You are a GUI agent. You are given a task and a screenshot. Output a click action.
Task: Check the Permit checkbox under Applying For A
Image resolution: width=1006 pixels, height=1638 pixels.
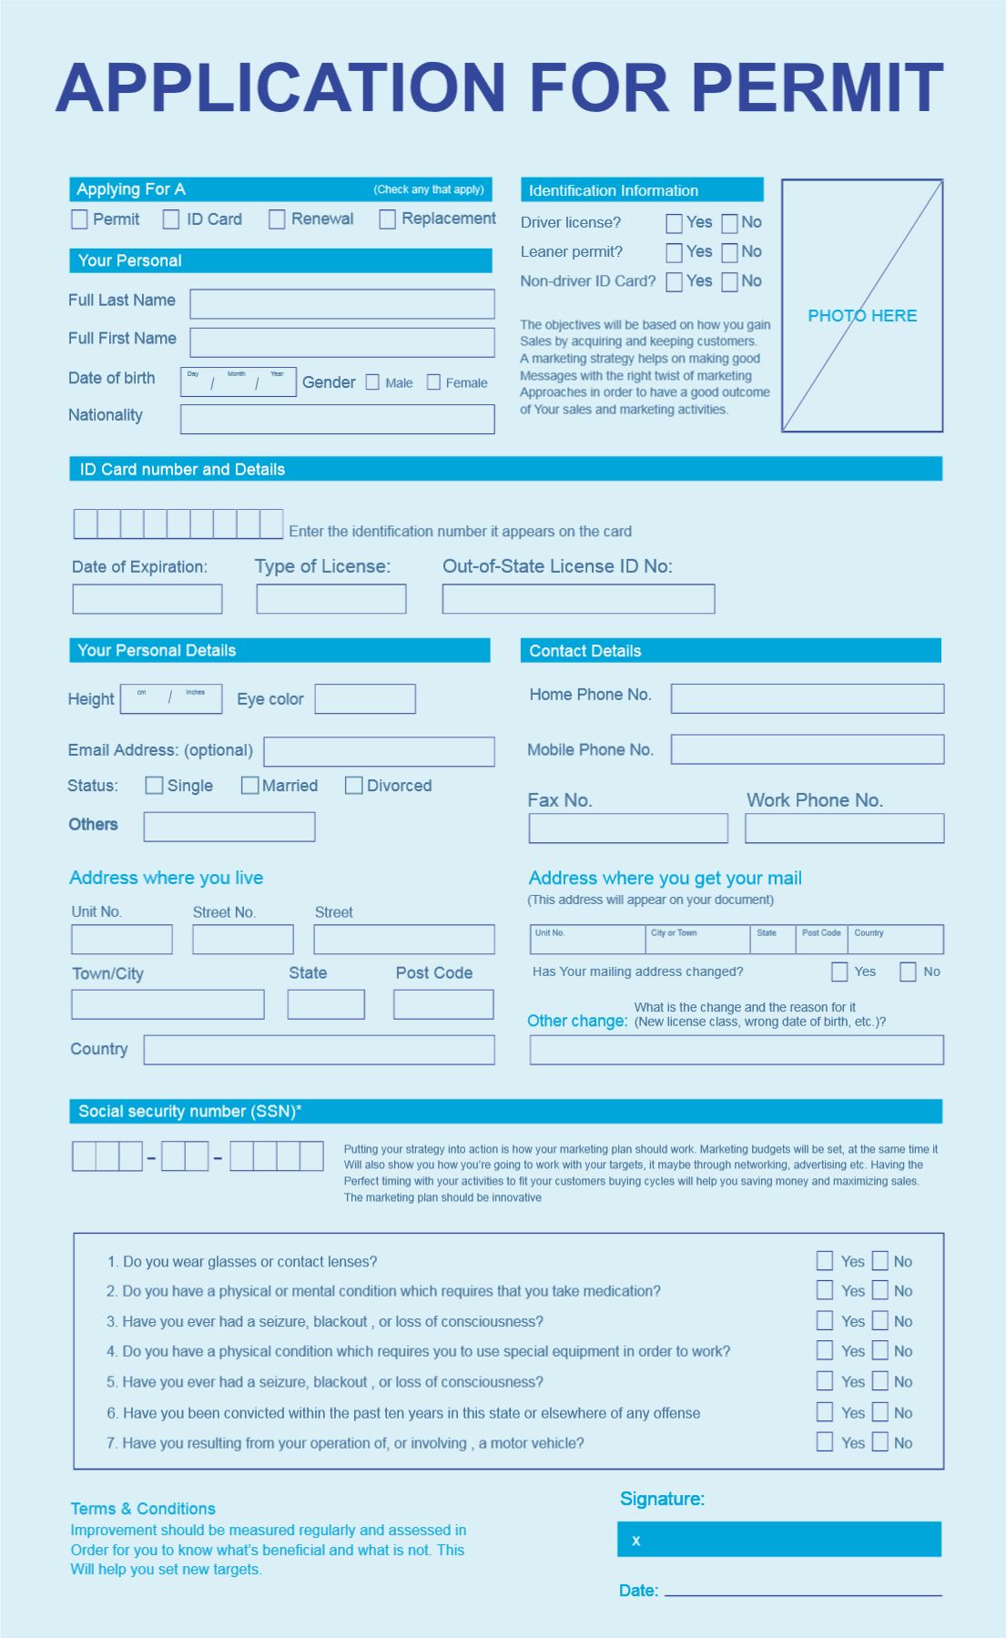[79, 219]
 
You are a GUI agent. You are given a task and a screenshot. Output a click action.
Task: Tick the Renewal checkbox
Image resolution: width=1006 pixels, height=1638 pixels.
[277, 219]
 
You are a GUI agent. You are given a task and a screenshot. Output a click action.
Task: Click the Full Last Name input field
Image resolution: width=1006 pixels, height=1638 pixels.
[341, 304]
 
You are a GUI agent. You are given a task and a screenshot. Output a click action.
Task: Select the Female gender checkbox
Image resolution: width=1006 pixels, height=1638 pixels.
[433, 382]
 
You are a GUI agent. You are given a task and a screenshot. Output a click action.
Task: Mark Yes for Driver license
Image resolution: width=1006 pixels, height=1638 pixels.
[674, 223]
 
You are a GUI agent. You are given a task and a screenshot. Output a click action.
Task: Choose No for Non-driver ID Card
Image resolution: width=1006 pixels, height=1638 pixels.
[729, 282]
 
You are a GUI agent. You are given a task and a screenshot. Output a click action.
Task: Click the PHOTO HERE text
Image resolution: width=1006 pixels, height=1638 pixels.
[862, 316]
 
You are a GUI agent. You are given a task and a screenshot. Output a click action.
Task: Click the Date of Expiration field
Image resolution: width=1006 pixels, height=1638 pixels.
[147, 599]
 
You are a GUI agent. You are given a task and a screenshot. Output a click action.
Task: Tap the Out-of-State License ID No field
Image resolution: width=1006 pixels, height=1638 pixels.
[578, 599]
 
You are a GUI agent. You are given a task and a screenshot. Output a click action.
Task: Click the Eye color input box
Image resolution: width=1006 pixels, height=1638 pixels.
[365, 699]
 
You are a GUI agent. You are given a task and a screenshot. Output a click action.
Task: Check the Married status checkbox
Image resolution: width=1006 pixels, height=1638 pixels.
[249, 786]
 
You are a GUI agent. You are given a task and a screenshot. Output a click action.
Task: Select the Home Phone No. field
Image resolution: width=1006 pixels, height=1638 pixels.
[807, 698]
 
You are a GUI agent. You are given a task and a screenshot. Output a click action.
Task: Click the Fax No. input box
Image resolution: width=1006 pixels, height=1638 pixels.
[628, 829]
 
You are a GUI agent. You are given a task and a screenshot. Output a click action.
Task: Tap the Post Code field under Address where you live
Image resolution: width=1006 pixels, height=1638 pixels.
[443, 1005]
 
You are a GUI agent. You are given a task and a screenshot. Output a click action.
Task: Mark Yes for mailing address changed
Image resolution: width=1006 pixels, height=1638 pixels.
[839, 972]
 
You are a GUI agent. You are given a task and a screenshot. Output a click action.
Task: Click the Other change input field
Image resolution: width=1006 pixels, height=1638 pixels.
[736, 1050]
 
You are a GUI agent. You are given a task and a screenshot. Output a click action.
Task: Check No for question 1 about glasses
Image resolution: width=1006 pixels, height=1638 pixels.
[880, 1261]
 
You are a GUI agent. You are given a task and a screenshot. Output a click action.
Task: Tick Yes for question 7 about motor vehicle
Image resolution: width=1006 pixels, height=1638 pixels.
[825, 1442]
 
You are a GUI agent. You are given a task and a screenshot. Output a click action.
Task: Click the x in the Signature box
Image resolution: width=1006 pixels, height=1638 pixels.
[636, 1541]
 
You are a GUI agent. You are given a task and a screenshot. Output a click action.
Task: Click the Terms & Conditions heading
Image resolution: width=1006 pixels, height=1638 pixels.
[143, 1509]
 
